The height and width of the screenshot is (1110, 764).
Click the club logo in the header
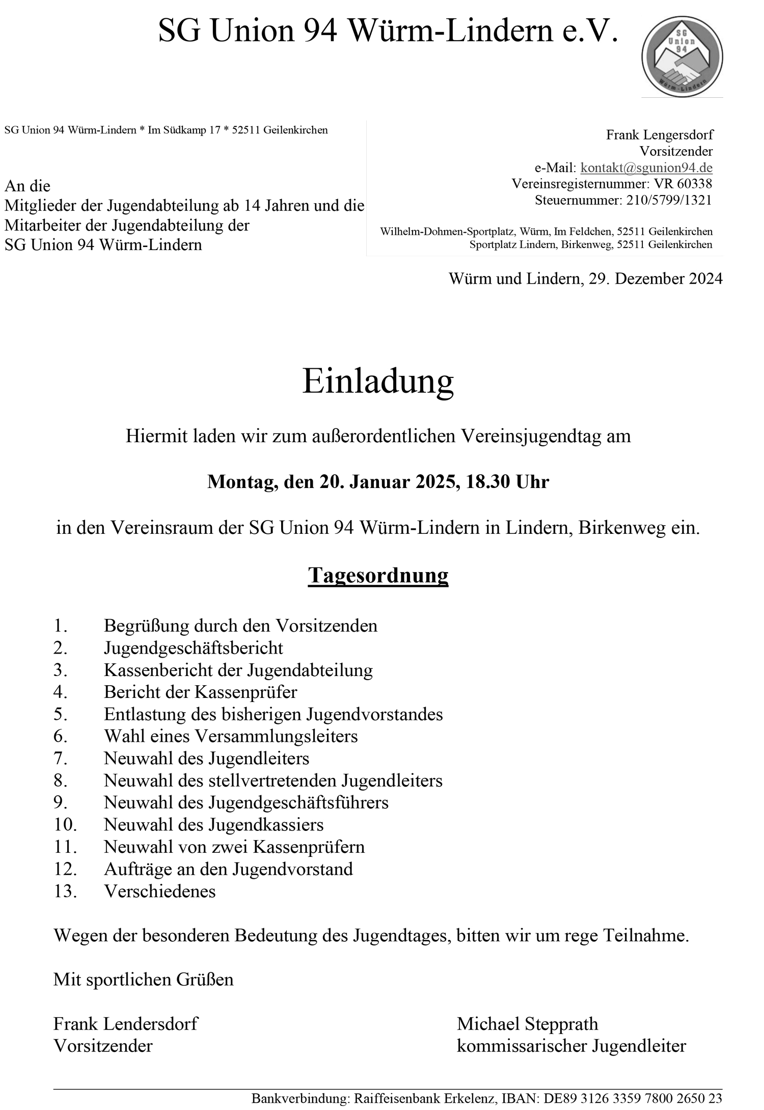coord(681,56)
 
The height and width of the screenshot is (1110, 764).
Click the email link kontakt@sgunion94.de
coord(646,168)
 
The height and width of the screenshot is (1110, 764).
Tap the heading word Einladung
coord(378,382)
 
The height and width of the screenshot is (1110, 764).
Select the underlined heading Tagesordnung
coord(378,575)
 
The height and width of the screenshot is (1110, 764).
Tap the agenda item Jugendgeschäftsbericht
coord(193,648)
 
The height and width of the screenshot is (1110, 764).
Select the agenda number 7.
coord(60,758)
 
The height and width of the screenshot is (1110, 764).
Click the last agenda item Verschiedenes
coord(159,891)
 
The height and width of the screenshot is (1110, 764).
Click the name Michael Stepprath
coord(527,1024)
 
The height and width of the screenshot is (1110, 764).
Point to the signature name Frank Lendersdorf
coord(125,1024)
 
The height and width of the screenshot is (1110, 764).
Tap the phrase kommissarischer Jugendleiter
coord(571,1046)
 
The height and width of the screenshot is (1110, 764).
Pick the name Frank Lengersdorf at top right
coord(659,135)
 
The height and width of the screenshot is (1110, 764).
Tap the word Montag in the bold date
coord(242,481)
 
